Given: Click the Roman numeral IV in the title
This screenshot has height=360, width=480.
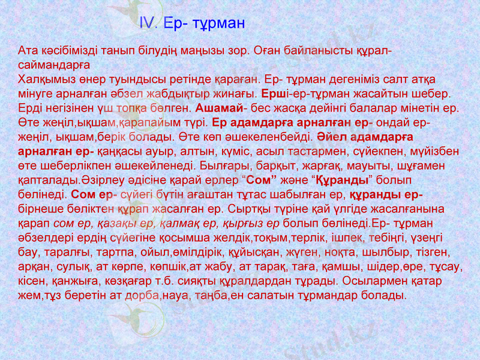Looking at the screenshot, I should tap(147, 24).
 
